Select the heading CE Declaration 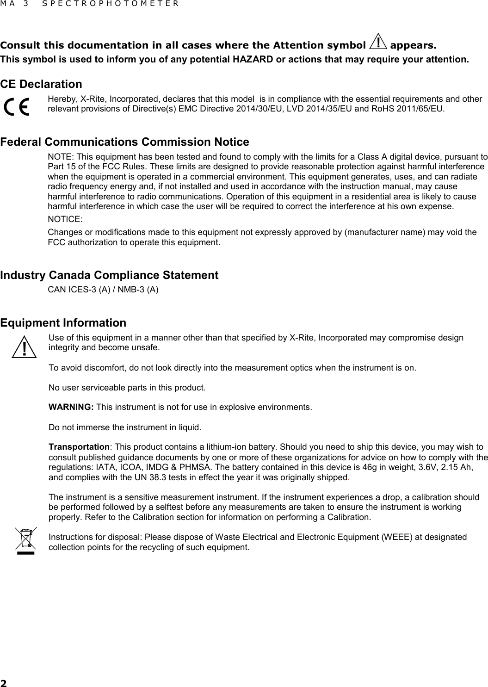41,84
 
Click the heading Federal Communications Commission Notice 124,142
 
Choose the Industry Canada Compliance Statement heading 109,275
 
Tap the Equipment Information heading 63,322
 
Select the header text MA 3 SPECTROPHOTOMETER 89,4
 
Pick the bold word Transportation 79,447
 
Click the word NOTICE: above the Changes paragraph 65,219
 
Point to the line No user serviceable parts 127,387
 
